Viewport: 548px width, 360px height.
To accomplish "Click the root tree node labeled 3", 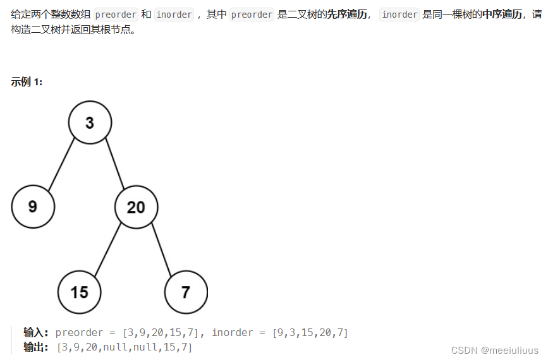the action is [x=90, y=123].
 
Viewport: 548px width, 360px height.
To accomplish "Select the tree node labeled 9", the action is [x=33, y=207].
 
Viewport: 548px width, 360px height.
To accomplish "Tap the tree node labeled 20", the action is [x=136, y=207].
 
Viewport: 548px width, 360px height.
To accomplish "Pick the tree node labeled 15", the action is [x=79, y=292].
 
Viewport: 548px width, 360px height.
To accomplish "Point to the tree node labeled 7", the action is [x=186, y=292].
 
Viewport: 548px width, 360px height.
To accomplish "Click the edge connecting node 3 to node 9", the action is [x=61, y=164].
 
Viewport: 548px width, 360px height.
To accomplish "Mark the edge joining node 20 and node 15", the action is [x=107, y=249].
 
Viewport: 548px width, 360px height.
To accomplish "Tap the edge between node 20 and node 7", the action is [x=161, y=249].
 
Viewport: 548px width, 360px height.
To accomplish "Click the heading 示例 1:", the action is [x=27, y=81].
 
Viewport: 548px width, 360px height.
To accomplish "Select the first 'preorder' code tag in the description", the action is [x=116, y=15].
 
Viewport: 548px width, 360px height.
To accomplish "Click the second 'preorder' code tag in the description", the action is [x=252, y=15].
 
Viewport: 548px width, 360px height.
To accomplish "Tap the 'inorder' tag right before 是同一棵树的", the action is [x=399, y=15].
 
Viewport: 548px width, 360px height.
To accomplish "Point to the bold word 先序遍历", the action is [x=346, y=15].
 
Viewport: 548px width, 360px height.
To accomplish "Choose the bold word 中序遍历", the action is [x=502, y=15].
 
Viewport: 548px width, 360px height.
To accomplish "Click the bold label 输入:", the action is [x=36, y=332].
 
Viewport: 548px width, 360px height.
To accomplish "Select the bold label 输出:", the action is [x=36, y=347].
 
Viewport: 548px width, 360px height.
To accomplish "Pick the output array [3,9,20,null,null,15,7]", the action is [x=124, y=347].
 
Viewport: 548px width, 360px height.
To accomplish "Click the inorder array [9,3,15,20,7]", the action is [x=310, y=332].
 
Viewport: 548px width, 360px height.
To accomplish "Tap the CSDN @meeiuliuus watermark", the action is [x=499, y=350].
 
